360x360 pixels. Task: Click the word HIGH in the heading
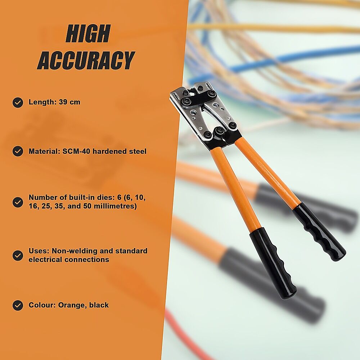(88, 33)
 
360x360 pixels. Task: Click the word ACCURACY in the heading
(86, 60)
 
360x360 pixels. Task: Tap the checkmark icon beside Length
(18, 102)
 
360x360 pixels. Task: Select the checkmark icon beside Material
(18, 151)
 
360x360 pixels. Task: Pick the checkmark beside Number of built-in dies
(18, 202)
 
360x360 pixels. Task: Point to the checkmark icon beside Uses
(18, 255)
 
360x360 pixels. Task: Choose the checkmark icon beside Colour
(18, 305)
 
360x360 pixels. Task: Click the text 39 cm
(69, 102)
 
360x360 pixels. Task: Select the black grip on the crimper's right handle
(320, 232)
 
